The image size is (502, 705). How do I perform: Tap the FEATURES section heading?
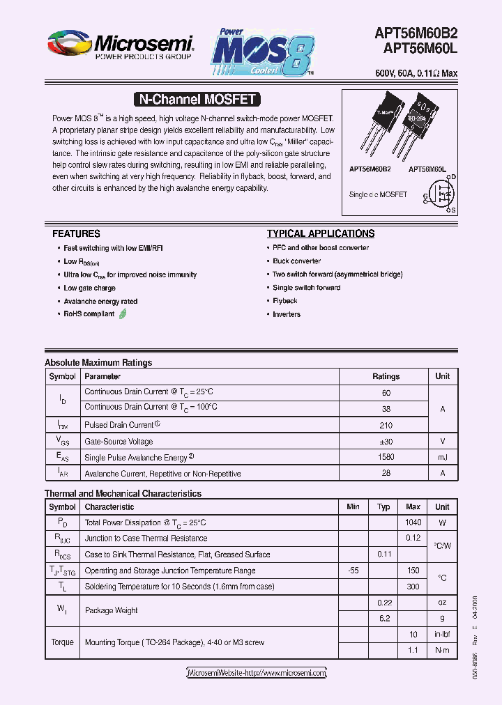coord(76,234)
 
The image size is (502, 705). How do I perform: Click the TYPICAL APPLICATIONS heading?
coord(321,234)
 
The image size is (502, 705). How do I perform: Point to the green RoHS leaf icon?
coord(123,314)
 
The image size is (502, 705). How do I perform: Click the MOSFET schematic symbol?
coord(441,194)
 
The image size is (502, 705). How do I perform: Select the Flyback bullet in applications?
coord(285,301)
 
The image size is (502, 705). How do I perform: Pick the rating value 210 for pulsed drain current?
coord(386,425)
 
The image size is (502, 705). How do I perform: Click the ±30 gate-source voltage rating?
coord(386,442)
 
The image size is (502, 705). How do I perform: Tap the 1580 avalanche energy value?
coord(386,458)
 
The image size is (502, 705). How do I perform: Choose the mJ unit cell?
coord(442,458)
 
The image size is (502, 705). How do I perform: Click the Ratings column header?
coord(386,376)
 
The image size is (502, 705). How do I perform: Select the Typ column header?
coord(383,507)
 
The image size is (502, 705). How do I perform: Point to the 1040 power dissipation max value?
coord(413,522)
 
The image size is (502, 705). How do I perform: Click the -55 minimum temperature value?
coord(353,571)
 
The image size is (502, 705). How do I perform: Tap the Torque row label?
coord(62,642)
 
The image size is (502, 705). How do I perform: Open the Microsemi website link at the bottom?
coord(257,673)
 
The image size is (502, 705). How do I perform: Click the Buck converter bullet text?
coord(296,261)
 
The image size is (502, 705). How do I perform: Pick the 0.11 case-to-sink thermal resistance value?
coord(383,555)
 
